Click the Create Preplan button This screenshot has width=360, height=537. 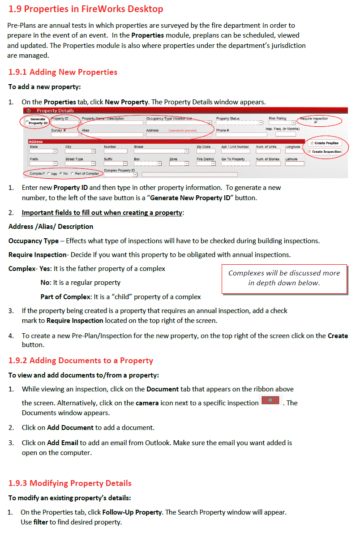click(326, 143)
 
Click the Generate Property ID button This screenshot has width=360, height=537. click(38, 121)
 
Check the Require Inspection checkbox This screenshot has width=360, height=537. click(316, 123)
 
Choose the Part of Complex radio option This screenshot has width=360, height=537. click(73, 174)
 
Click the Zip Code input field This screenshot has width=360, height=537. click(206, 151)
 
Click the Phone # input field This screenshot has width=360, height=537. click(241, 135)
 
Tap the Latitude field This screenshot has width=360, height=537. click(294, 164)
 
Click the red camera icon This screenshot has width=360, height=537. click(270, 400)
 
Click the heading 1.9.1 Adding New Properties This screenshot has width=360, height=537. click(63, 72)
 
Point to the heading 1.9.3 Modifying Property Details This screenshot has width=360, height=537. click(70, 483)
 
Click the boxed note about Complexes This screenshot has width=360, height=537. click(284, 278)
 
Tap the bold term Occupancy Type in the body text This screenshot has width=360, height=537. click(34, 241)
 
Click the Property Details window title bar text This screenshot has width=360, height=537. click(55, 111)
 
